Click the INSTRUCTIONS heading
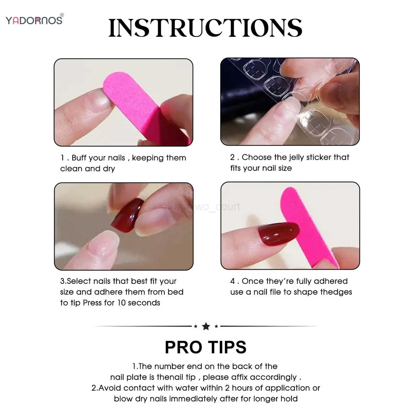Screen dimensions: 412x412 click(x=205, y=28)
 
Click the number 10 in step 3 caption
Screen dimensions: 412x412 click(x=121, y=303)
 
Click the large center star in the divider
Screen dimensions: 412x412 click(x=206, y=326)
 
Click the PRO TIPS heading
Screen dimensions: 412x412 click(x=205, y=347)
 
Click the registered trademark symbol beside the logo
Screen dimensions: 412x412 click(x=62, y=15)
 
